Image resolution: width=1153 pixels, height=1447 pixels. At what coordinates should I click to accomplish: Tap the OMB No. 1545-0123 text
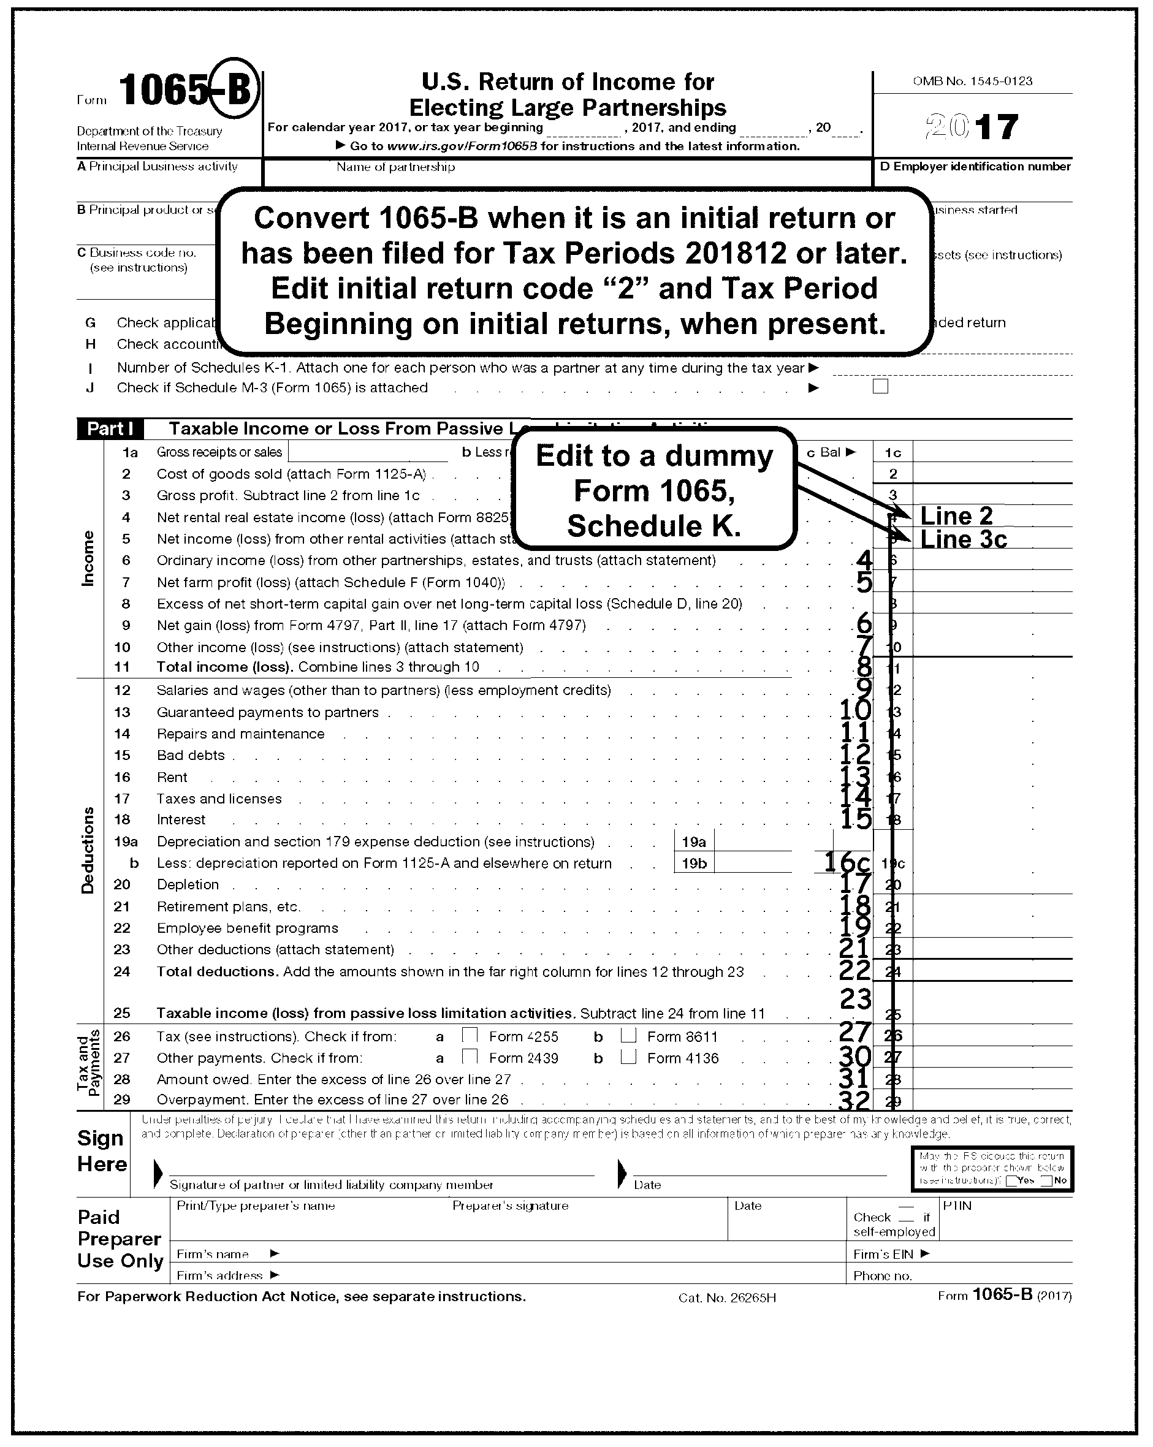coord(972,82)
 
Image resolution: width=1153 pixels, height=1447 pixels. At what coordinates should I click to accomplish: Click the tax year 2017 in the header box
coord(972,127)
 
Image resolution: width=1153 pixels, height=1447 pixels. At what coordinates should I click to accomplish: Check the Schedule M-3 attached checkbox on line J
coord(880,387)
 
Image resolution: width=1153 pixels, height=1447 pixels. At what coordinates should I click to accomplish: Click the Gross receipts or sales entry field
coord(368,452)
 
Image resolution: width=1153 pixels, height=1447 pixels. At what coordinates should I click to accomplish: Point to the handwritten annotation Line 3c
coord(963,539)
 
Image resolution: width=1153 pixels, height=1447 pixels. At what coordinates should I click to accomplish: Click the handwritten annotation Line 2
coord(956,516)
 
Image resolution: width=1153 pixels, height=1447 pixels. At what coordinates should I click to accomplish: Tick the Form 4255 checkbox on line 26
coord(470,1035)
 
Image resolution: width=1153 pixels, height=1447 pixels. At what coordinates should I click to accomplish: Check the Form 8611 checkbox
coord(628,1035)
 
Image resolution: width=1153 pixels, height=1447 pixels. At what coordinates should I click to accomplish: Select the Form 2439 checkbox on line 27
coord(470,1057)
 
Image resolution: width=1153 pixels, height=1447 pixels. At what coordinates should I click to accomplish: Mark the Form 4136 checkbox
coord(628,1057)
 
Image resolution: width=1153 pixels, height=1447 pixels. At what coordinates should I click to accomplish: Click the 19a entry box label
coord(694,841)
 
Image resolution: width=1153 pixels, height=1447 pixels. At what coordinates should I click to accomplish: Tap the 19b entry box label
coord(694,863)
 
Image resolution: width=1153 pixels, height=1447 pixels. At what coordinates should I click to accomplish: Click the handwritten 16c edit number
coord(847,862)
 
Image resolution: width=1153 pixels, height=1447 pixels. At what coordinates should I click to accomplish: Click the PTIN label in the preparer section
coord(957,1206)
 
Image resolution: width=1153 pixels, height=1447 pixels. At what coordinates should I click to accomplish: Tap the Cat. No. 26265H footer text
coord(727,1298)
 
